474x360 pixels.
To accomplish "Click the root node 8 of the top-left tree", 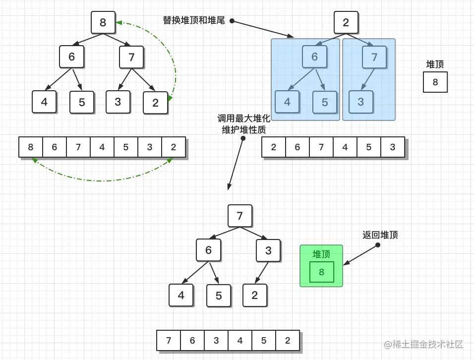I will click(103, 22).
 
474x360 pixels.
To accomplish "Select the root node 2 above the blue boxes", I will click(346, 22).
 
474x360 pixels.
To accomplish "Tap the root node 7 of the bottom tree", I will click(240, 216).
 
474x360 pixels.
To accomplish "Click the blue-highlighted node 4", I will click(287, 102).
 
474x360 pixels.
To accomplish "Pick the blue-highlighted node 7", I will click(374, 57).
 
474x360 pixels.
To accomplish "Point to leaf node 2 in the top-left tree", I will click(155, 103).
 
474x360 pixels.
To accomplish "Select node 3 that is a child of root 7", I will click(268, 250).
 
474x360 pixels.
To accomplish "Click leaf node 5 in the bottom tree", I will click(219, 296).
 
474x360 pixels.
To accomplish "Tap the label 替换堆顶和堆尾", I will click(194, 20).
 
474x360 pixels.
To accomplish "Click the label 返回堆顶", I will click(380, 235).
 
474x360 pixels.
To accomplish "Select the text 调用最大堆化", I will click(243, 119).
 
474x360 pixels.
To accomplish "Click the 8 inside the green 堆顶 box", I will click(322, 272).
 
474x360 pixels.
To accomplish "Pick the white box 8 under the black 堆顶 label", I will click(435, 82).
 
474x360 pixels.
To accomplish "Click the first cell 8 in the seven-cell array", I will click(31, 147).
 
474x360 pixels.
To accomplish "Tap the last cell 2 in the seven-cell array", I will click(174, 147).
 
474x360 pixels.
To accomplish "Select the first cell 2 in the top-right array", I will click(274, 147).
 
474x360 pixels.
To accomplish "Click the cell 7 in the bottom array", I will click(169, 341).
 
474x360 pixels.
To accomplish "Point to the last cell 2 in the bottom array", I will click(288, 341).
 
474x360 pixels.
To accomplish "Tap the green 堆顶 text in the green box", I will click(321, 254).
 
